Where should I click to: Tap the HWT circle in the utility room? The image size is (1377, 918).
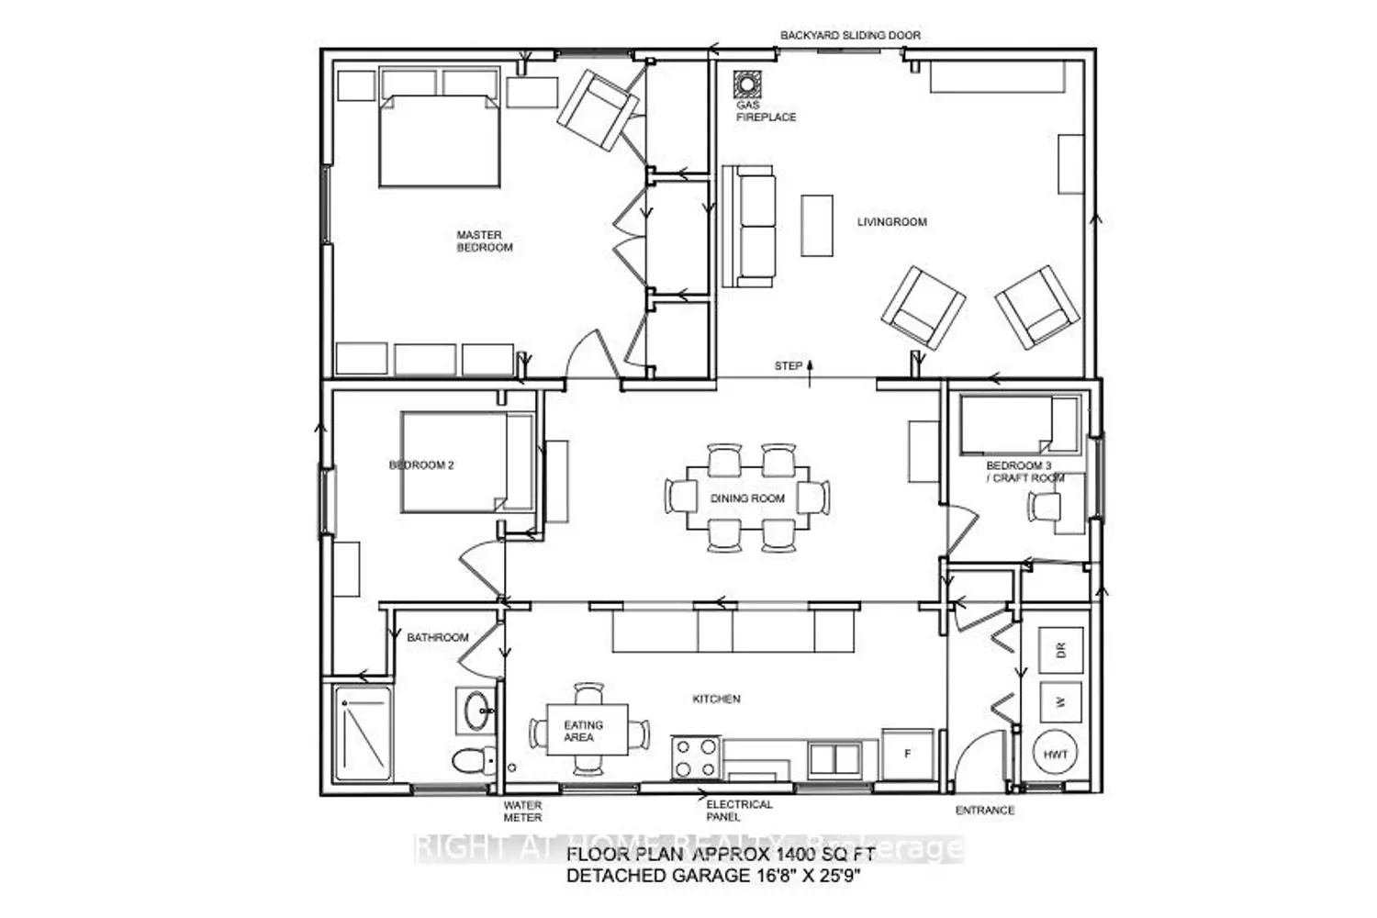tap(1056, 755)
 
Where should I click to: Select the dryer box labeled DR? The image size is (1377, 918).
tap(1060, 651)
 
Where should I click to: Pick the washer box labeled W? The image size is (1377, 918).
tap(1060, 702)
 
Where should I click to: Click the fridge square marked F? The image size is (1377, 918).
tap(908, 755)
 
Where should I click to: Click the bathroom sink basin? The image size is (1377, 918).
tap(476, 711)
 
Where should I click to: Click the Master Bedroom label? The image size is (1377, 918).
tap(485, 241)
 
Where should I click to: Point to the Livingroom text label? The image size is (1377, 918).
tap(891, 222)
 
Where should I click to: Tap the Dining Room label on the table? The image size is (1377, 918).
tap(747, 498)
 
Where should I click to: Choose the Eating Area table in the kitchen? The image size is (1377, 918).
tap(588, 731)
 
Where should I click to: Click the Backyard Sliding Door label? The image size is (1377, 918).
tap(850, 36)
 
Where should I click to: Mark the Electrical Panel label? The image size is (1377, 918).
tap(739, 810)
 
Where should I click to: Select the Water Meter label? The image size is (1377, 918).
tap(522, 812)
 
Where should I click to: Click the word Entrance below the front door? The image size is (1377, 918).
tap(985, 811)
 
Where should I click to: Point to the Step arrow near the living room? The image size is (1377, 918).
tap(810, 369)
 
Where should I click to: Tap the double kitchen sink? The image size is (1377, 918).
tap(834, 758)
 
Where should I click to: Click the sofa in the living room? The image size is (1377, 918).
tap(748, 226)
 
